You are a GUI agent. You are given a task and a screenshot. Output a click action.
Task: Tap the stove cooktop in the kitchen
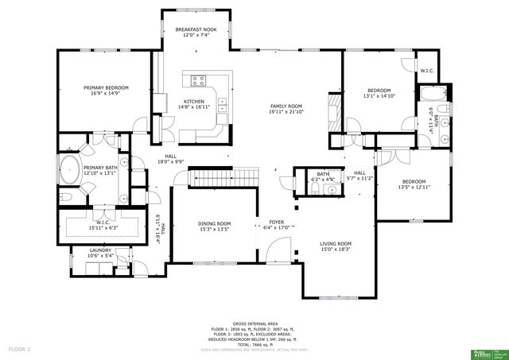point(197,79)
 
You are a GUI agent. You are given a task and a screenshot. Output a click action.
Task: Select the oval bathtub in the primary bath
point(69,169)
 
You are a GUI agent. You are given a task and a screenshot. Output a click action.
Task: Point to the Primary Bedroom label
point(106,87)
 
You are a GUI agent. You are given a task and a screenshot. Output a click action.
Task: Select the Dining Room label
point(214,224)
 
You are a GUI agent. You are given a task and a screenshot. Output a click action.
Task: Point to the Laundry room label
point(100,250)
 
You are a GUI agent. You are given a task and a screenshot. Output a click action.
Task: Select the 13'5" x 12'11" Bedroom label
point(413,181)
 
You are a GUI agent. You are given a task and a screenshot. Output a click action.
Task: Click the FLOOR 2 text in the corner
point(19,349)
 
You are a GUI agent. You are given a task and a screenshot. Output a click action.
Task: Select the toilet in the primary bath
point(67,195)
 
